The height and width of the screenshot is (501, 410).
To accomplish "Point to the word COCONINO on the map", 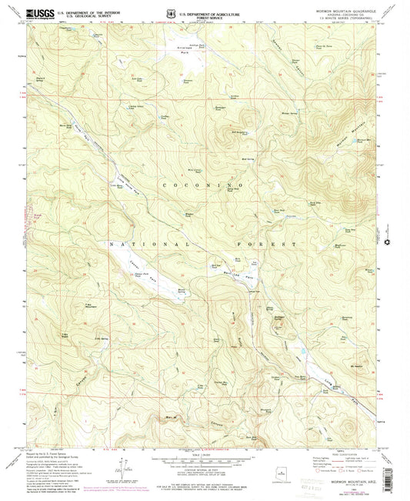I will tap(202, 186).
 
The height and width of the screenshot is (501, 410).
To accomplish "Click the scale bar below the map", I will tap(205, 459).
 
